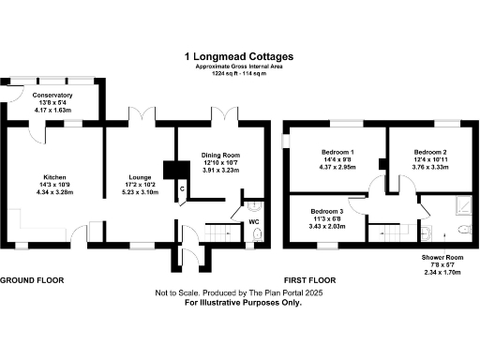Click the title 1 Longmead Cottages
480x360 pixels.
coord(240,55)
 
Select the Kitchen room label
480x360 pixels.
coord(53,175)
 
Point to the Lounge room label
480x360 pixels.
coord(141,175)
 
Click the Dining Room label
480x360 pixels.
coord(221,155)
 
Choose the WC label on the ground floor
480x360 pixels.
coord(253,222)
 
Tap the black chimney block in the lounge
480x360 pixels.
coord(171,170)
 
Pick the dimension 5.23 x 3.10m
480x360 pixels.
coord(141,190)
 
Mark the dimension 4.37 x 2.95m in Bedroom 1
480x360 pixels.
coord(338,168)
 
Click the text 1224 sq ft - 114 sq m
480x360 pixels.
coord(240,73)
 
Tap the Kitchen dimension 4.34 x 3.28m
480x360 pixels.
coord(53,190)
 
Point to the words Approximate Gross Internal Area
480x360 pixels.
coord(240,67)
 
